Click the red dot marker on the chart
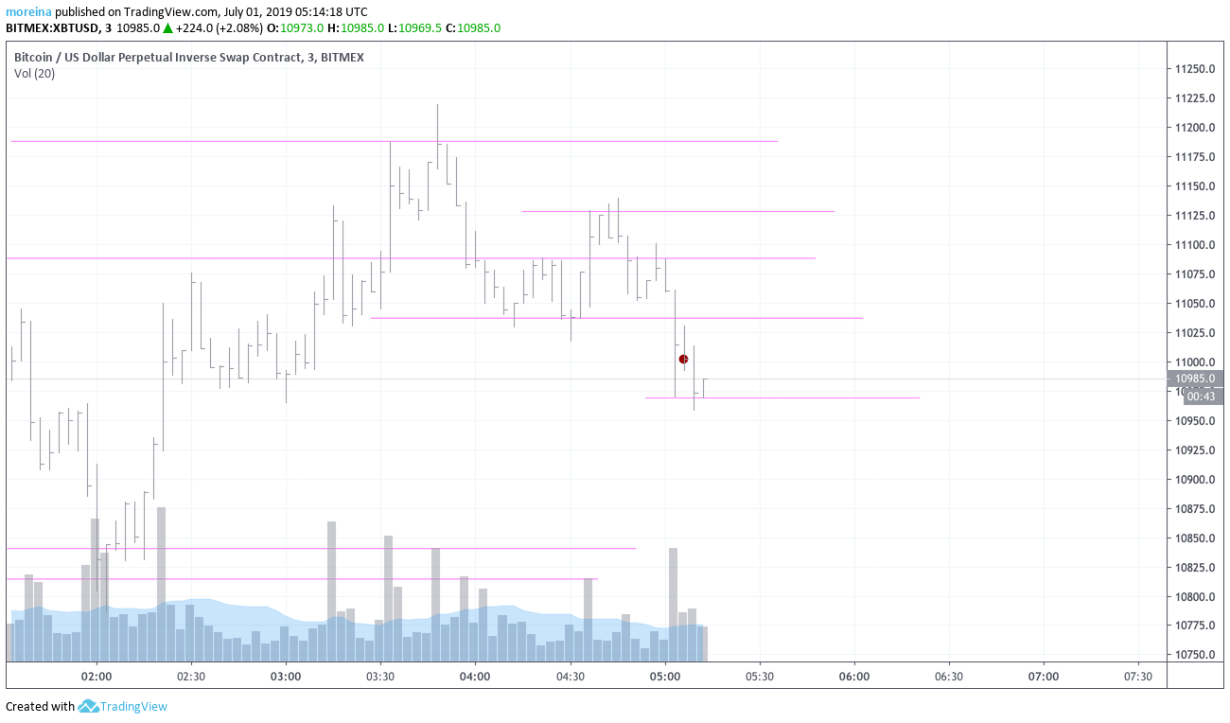tap(683, 359)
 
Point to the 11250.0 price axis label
tap(1194, 69)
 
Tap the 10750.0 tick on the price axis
tap(1194, 655)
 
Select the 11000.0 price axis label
tap(1194, 362)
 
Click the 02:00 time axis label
tap(97, 677)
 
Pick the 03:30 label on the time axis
tap(380, 677)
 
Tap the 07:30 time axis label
tap(1137, 677)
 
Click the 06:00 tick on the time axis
tap(853, 677)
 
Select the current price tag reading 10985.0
tap(1197, 379)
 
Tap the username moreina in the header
tap(28, 12)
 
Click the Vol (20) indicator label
tap(35, 74)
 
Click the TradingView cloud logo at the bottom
tap(89, 706)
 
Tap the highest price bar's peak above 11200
tap(437, 106)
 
